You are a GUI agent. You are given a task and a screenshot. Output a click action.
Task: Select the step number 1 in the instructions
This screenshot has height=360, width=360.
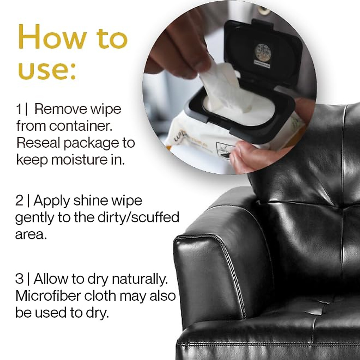coord(19,109)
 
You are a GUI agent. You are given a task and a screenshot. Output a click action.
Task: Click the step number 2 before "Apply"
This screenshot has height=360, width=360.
coord(19,200)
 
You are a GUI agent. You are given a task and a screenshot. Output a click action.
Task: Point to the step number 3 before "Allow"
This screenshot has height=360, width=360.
coord(19,279)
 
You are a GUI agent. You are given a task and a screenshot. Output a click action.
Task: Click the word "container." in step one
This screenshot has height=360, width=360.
coord(81,126)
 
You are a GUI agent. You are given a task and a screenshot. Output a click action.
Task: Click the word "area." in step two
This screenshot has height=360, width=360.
coord(31,235)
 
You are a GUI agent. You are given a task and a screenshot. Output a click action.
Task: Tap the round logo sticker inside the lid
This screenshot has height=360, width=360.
coord(263,53)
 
